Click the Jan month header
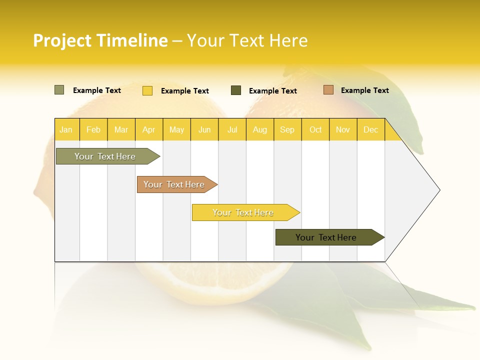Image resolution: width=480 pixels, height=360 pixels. [66, 130]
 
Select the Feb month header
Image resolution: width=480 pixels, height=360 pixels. [93, 130]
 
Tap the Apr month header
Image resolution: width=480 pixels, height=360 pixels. [148, 130]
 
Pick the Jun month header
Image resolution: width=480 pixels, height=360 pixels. [204, 130]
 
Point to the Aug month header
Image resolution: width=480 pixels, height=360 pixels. [259, 130]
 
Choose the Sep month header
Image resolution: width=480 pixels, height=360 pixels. [287, 130]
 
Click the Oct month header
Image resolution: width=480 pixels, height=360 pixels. [315, 130]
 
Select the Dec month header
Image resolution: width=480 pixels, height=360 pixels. [370, 130]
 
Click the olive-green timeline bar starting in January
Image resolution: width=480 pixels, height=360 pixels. [105, 156]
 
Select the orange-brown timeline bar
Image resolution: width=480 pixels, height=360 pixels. [174, 184]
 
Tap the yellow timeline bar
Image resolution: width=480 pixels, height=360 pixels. [243, 212]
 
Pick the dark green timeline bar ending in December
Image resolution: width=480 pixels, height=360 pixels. [326, 237]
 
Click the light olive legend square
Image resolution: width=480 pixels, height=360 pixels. [59, 90]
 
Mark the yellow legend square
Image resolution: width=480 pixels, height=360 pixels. [147, 90]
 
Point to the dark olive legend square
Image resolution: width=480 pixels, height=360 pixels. [236, 90]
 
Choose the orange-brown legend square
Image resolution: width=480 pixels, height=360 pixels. [328, 90]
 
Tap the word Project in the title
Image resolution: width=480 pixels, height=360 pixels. [63, 40]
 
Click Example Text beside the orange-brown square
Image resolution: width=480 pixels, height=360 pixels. [364, 90]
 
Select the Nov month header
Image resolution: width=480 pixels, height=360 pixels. [343, 130]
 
